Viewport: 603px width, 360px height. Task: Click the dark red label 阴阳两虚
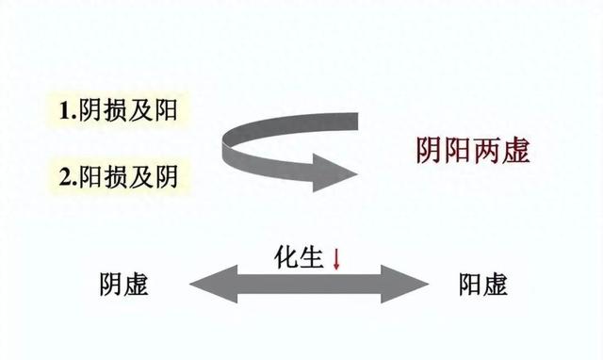pyautogui.click(x=473, y=150)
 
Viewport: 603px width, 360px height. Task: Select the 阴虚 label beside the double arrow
pyautogui.click(x=122, y=285)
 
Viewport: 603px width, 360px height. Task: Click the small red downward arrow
pyautogui.click(x=335, y=257)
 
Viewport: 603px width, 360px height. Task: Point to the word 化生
pyautogui.click(x=300, y=255)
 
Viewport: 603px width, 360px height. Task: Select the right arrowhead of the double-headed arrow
pyautogui.click(x=405, y=283)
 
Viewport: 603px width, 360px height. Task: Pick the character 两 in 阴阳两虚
pyautogui.click(x=487, y=150)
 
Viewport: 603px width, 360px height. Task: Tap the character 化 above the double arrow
pyautogui.click(x=286, y=255)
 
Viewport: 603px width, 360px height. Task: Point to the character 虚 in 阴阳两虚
pyautogui.click(x=516, y=150)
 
